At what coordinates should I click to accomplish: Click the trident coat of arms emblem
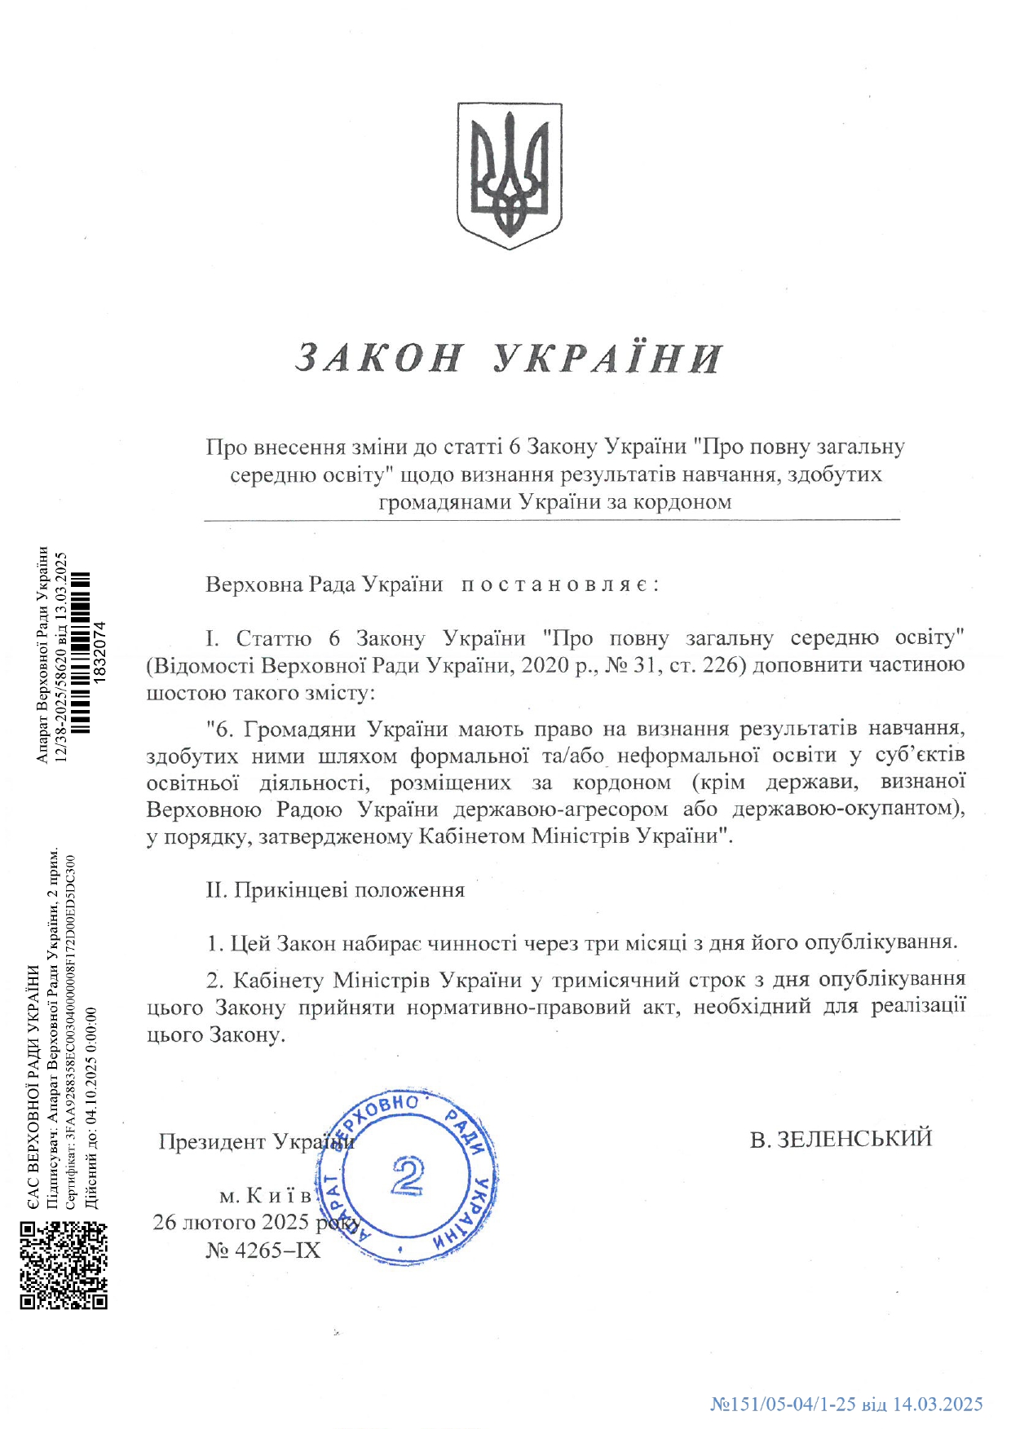coord(509,175)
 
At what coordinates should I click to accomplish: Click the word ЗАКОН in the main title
coord(380,358)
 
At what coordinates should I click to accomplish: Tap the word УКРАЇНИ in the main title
coord(608,358)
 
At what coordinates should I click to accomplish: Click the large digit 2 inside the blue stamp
coord(407,1175)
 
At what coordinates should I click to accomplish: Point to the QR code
coord(64,1265)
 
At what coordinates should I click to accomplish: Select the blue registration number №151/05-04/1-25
coord(783,1404)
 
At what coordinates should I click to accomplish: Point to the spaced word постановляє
coord(559,584)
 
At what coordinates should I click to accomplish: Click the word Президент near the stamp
coord(213,1141)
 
